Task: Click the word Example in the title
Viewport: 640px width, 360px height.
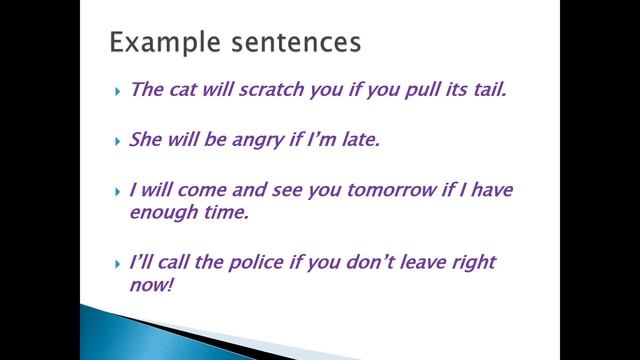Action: [157, 43]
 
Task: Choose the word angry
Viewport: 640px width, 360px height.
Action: [258, 140]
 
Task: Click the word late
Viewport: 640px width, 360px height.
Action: [361, 139]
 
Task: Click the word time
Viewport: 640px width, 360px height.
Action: [229, 212]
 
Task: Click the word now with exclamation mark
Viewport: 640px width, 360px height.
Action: [152, 286]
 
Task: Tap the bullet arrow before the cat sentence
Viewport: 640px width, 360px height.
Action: [117, 90]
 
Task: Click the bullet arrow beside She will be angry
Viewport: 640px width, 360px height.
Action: [117, 140]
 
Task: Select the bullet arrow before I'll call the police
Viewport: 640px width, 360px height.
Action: [117, 263]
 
